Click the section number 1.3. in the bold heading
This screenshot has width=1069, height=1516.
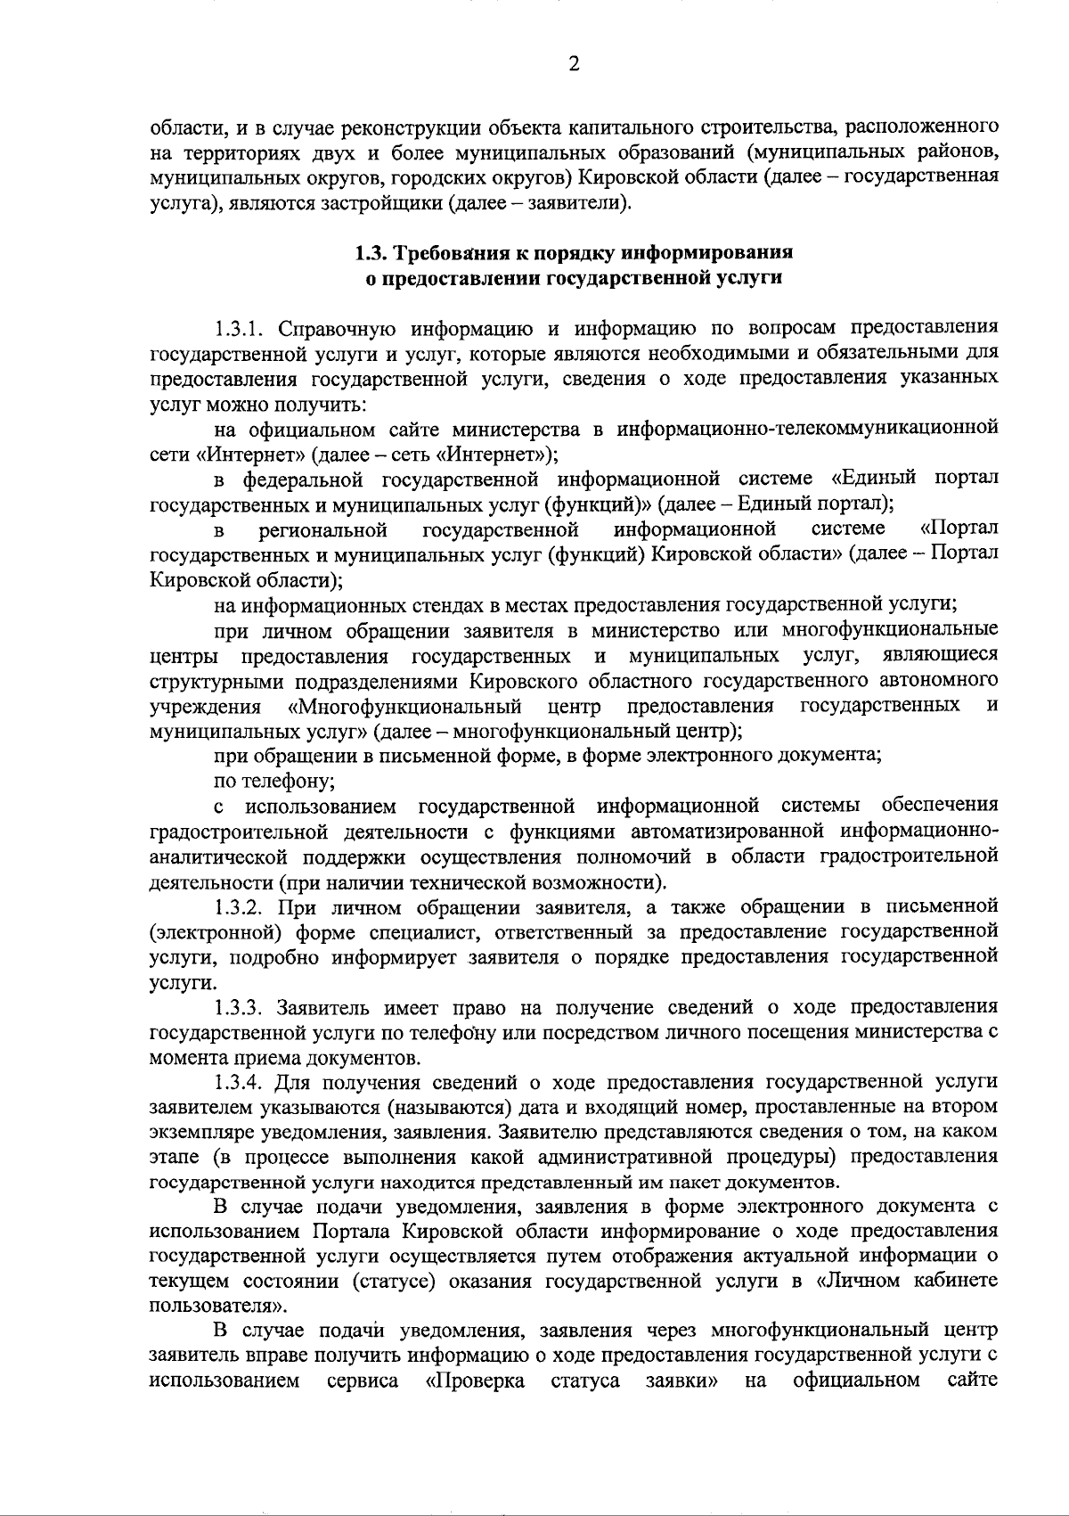pos(371,252)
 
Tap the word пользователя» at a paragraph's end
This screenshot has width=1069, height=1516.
pos(219,1306)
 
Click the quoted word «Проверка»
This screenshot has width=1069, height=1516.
pos(477,1381)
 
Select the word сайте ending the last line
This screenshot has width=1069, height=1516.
pos(973,1381)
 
